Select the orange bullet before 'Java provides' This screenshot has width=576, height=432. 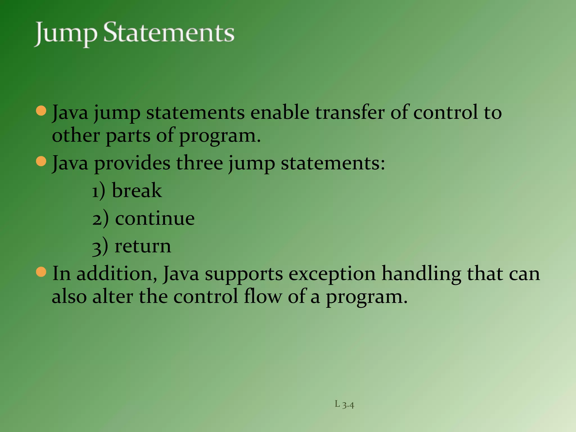pos(41,161)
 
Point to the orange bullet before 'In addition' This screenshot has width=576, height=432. pos(41,272)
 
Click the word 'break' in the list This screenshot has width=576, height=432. pos(137,190)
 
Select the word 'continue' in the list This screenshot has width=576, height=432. pos(155,218)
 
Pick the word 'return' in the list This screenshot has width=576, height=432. pos(143,246)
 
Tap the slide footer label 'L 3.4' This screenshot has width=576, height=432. pos(344,404)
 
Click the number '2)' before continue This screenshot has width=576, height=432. pos(100,219)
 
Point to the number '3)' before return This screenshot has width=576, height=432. pos(100,247)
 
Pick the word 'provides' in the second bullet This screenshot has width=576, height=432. pos(132,164)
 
